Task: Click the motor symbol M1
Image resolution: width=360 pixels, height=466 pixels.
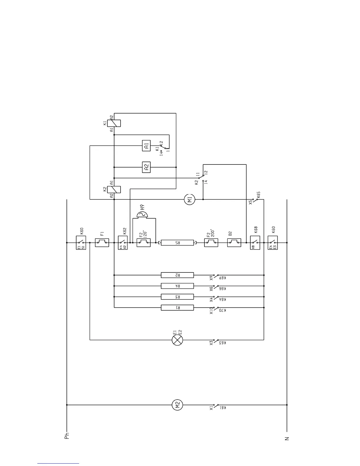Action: [x=189, y=199]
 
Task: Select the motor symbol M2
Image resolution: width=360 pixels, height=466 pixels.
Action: [x=177, y=405]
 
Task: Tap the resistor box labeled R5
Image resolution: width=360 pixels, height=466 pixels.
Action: [x=177, y=243]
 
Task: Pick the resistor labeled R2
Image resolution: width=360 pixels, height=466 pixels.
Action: [x=177, y=275]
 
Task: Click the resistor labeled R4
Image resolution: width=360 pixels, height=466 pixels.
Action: [x=177, y=286]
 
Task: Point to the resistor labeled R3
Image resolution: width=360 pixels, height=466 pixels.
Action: [x=177, y=297]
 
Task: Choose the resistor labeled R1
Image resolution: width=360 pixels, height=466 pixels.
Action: [x=177, y=307]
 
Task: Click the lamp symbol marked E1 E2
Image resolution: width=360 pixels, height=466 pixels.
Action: [x=177, y=340]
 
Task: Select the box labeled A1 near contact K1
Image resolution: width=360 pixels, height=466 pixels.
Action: [x=146, y=146]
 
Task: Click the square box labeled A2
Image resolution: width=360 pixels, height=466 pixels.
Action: [x=146, y=167]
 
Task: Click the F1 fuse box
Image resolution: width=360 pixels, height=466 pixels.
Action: [x=102, y=243]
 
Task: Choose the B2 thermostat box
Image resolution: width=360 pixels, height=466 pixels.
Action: [x=234, y=243]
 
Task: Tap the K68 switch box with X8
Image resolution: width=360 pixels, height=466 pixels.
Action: [x=255, y=243]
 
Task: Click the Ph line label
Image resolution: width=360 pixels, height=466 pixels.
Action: [x=67, y=436]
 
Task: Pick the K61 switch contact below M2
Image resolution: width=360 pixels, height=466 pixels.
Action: [x=216, y=406]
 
